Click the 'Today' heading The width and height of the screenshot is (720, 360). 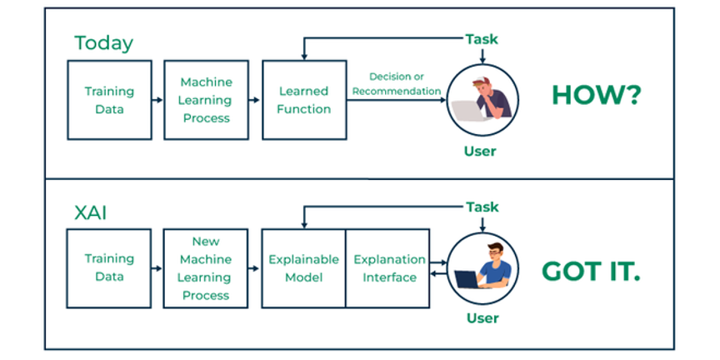[104, 43]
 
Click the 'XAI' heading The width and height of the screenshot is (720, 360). [91, 213]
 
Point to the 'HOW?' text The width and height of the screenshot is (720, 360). [596, 96]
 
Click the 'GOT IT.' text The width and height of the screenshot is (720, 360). [591, 272]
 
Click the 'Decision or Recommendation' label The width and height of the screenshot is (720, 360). [397, 83]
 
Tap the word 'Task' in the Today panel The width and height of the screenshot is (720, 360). [482, 39]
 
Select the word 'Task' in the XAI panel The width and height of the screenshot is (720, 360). [482, 207]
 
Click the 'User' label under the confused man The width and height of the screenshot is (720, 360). [480, 151]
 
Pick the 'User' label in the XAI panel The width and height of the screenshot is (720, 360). [482, 318]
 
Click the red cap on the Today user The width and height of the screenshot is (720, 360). [480, 81]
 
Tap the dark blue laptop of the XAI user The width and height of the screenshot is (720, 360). [467, 278]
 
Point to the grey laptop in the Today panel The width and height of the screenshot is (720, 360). [467, 110]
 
